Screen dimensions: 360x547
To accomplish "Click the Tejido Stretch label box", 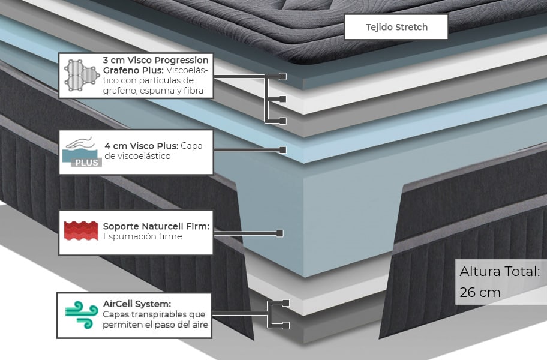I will pos(396,27).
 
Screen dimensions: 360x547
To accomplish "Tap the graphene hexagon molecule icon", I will pos(80,76).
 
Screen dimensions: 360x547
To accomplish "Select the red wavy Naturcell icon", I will pos(80,231).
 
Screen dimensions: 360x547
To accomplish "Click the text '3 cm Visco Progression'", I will pos(155,60).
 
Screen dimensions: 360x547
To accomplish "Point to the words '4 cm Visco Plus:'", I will pos(141,146).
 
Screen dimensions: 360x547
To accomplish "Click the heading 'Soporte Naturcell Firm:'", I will pos(156,226).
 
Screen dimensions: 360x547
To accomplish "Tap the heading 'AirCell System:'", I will pos(137,304).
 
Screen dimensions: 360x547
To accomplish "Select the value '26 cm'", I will pos(480,292).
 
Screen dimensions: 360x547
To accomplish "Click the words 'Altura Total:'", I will pos(500,271).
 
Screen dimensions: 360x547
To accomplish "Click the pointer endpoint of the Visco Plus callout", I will pos(282,149).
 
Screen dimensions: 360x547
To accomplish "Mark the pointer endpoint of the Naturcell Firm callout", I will pos(279,232).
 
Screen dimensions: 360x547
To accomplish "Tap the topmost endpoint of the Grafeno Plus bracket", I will pos(283,77).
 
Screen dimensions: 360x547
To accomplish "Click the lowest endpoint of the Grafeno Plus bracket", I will pos(282,121).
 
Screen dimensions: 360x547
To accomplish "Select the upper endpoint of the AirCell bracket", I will pos(285,303).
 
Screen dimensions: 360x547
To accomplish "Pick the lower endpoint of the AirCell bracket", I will pos(285,325).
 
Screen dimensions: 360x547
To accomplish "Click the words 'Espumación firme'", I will pos(142,237).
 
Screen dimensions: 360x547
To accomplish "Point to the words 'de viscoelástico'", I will pos(137,156).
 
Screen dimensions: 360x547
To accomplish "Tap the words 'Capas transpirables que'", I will pos(154,314).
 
